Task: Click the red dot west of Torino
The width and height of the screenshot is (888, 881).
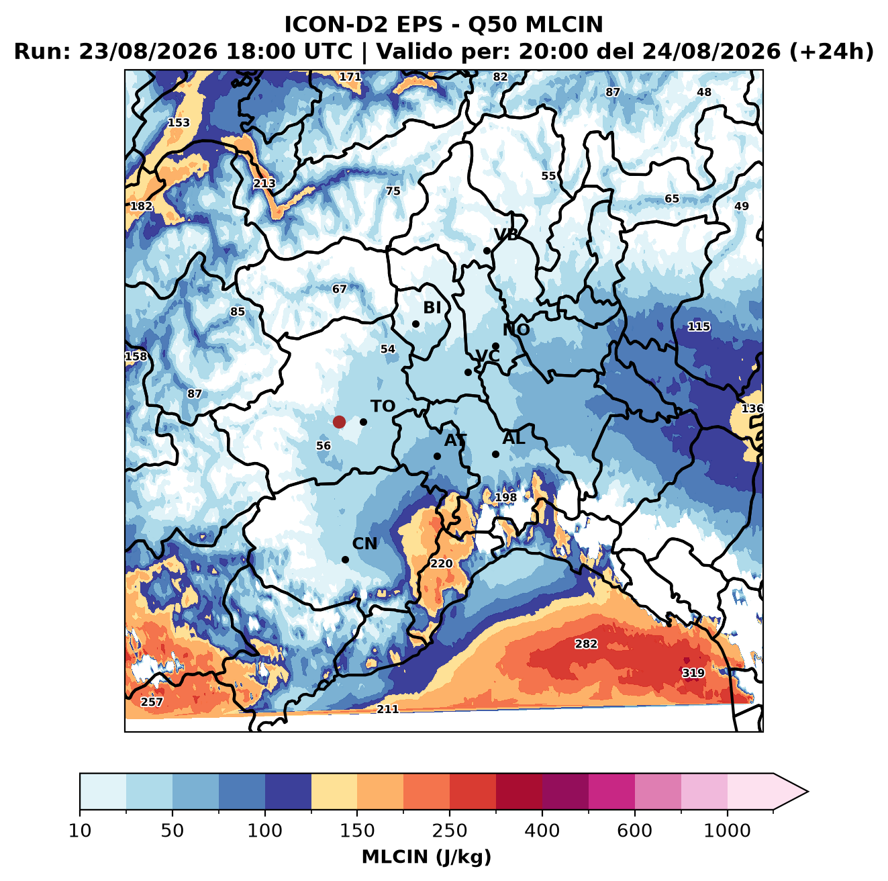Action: pyautogui.click(x=339, y=422)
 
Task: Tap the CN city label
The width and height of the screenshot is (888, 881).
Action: pyautogui.click(x=364, y=544)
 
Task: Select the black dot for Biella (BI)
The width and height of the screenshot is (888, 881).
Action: pyautogui.click(x=415, y=324)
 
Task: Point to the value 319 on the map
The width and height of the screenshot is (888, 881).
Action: pyautogui.click(x=693, y=673)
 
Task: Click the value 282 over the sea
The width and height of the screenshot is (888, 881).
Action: pyautogui.click(x=586, y=643)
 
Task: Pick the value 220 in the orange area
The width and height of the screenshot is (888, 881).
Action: pyautogui.click(x=442, y=563)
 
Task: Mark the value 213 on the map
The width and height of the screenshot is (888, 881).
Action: pyautogui.click(x=264, y=183)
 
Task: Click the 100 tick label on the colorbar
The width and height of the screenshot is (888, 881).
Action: pyautogui.click(x=264, y=831)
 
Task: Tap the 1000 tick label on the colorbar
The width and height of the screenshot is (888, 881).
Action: pyautogui.click(x=727, y=831)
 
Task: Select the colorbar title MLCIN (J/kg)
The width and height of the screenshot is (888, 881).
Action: pyautogui.click(x=426, y=857)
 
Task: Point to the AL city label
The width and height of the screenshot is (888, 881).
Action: pyautogui.click(x=513, y=438)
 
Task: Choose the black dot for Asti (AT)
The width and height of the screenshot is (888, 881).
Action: pyautogui.click(x=437, y=456)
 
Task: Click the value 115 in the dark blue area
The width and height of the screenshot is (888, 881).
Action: pyautogui.click(x=699, y=326)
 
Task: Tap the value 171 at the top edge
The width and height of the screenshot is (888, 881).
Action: pyautogui.click(x=350, y=77)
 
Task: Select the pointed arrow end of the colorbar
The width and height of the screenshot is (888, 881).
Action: pyautogui.click(x=807, y=792)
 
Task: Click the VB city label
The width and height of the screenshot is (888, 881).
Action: pyautogui.click(x=507, y=234)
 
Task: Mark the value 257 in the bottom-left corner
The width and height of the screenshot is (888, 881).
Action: pyautogui.click(x=152, y=702)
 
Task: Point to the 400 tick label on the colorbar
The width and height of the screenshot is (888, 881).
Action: pyautogui.click(x=542, y=831)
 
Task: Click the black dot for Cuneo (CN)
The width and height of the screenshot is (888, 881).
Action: pyautogui.click(x=345, y=559)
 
